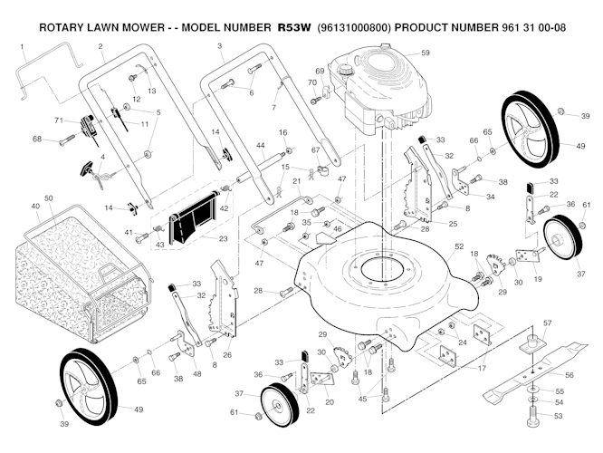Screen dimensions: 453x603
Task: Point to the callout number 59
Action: [x=425, y=53]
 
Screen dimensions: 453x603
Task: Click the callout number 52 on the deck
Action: [x=459, y=246]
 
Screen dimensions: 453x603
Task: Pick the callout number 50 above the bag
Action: [x=49, y=198]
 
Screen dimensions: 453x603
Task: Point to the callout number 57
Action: [x=547, y=323]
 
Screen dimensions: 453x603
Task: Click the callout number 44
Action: [x=260, y=145]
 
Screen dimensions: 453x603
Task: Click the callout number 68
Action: [x=37, y=140]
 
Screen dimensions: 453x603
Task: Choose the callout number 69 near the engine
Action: [x=320, y=71]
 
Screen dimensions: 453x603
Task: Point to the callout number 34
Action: [x=491, y=196]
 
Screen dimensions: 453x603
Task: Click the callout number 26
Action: [x=227, y=354]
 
